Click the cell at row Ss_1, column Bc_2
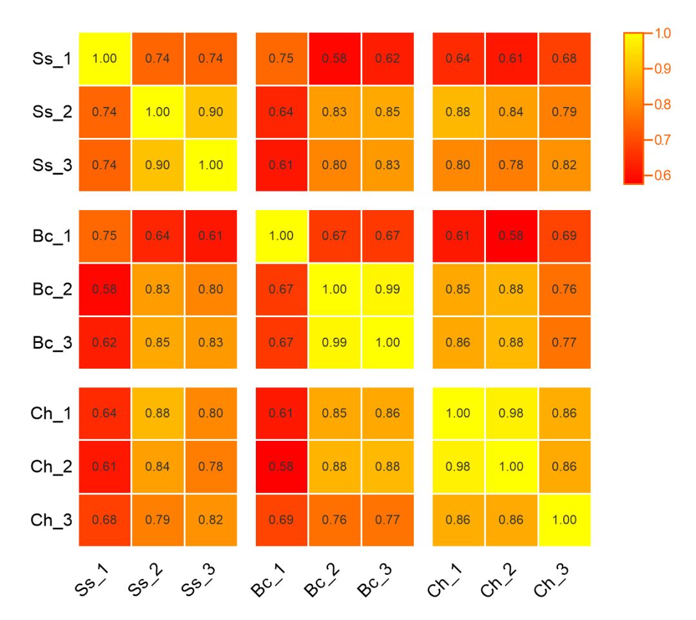click(x=334, y=58)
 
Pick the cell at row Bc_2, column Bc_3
click(x=387, y=289)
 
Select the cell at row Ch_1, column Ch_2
click(x=511, y=412)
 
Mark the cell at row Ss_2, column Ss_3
click(x=211, y=111)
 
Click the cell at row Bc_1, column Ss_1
click(x=104, y=235)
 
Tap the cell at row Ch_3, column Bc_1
click(x=281, y=519)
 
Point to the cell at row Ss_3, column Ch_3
click(x=565, y=165)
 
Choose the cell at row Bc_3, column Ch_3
click(x=565, y=343)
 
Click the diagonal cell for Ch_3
click(x=565, y=519)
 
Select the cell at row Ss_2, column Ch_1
click(x=458, y=111)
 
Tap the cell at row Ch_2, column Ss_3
click(x=211, y=466)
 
